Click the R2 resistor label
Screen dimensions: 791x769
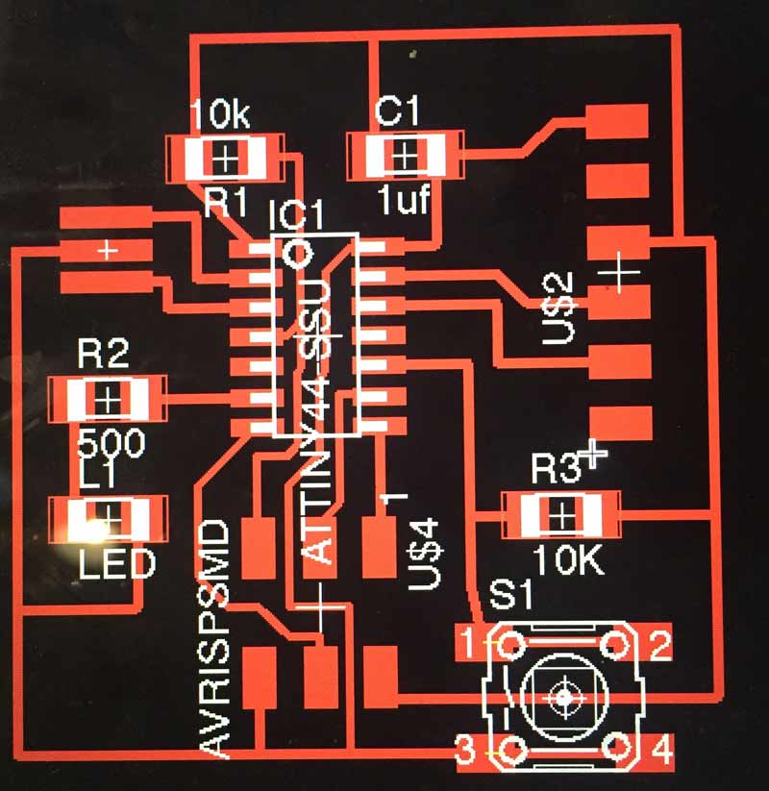point(103,356)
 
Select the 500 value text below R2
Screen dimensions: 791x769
point(110,443)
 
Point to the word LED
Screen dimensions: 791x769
point(116,563)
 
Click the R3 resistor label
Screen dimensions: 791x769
point(558,471)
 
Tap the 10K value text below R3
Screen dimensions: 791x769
point(568,560)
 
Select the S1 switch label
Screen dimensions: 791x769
point(510,595)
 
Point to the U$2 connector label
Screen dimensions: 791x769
point(559,309)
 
